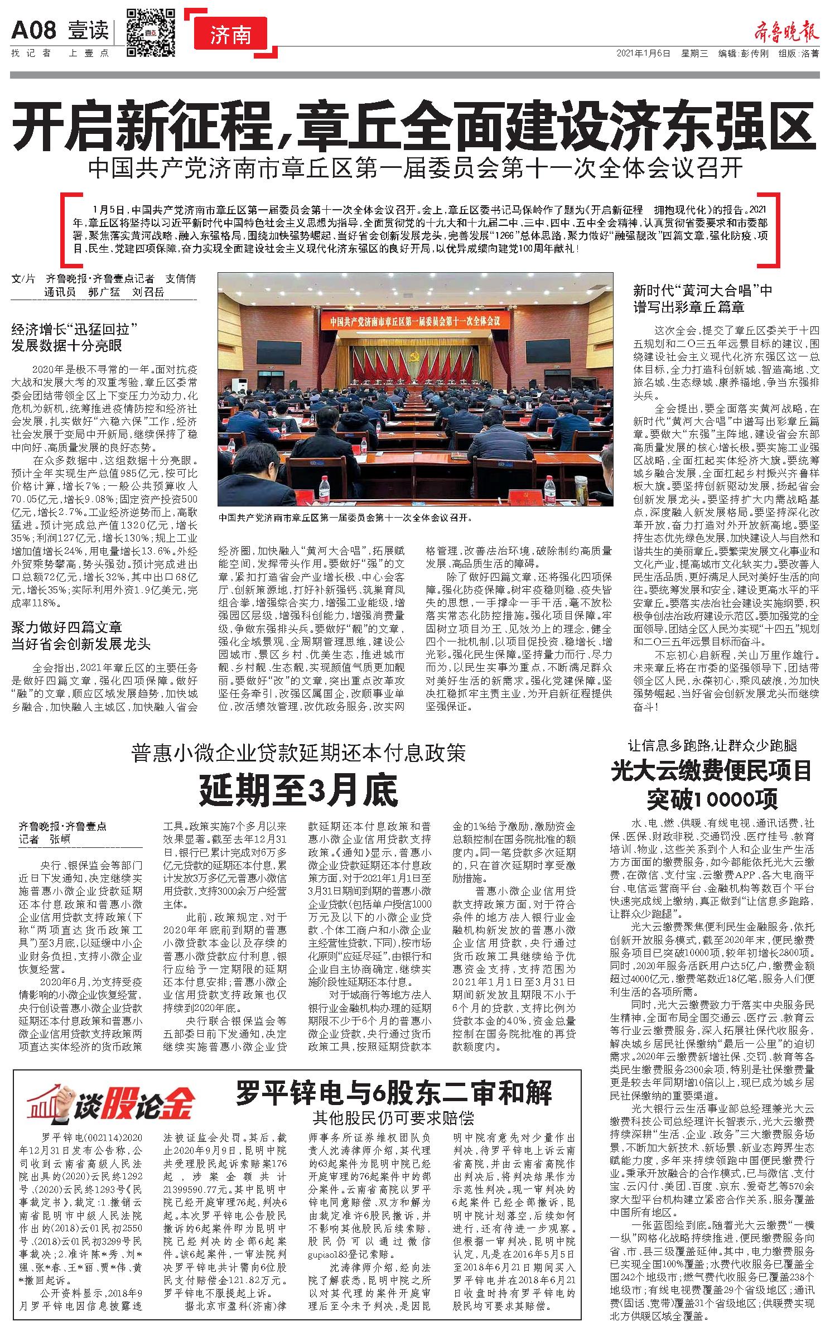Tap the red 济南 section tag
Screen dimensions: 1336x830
[x=231, y=35]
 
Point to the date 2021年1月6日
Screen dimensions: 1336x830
[x=643, y=54]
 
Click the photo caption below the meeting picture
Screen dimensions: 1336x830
[x=346, y=517]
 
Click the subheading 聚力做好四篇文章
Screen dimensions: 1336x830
[x=67, y=626]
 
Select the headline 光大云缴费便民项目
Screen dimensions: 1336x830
[x=712, y=771]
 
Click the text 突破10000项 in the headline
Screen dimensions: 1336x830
[x=712, y=800]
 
